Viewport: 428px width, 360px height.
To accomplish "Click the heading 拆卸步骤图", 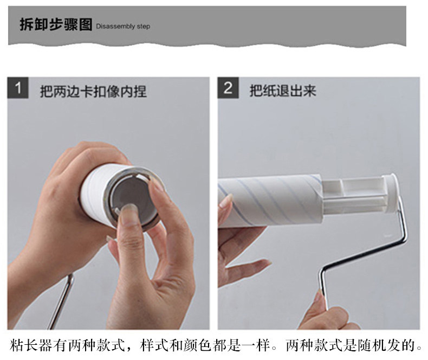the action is tap(56, 24).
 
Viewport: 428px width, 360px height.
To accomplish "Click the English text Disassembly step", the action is tap(123, 27).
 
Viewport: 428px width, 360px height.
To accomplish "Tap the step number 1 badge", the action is tap(18, 88).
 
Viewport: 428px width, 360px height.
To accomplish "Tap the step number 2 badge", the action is tap(228, 88).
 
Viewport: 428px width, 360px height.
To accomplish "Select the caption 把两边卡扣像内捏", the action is tap(93, 91).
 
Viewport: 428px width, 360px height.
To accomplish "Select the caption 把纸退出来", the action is tap(283, 91).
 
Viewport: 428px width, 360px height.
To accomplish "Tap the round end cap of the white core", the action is tap(391, 193).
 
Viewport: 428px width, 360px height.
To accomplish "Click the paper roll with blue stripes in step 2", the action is tap(270, 201).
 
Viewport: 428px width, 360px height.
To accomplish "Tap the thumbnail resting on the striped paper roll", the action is tap(226, 201).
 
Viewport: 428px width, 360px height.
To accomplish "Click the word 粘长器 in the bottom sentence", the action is tap(31, 345).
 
